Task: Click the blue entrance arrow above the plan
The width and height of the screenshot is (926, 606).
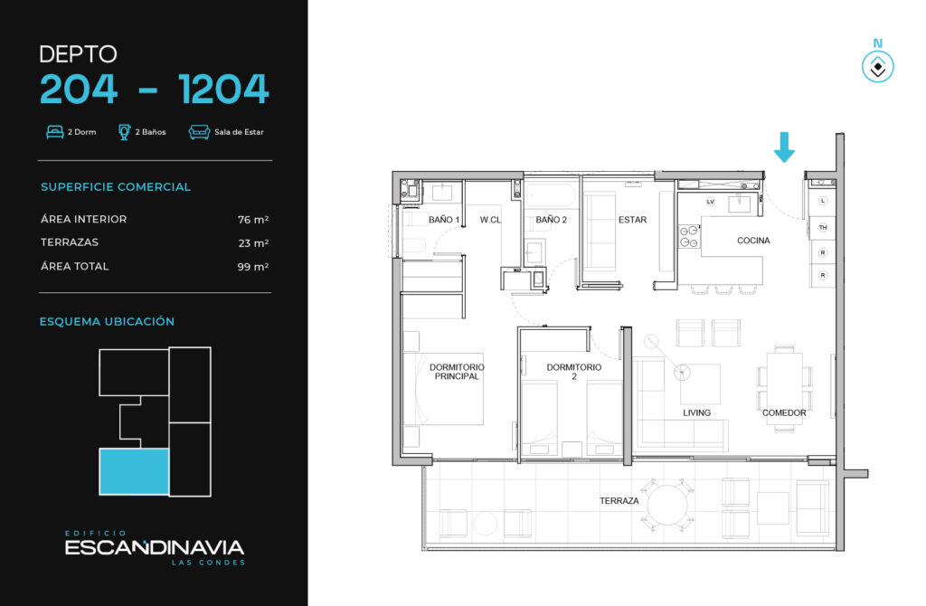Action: pos(784,147)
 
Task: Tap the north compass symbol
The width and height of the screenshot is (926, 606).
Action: pos(877,66)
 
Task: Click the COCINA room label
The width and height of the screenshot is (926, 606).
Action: pos(753,241)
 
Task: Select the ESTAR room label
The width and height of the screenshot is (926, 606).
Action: pos(632,220)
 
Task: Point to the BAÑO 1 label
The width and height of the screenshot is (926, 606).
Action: pos(444,220)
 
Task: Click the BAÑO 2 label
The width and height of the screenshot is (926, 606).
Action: pos(551,220)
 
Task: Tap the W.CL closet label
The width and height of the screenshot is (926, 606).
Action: pos(490,220)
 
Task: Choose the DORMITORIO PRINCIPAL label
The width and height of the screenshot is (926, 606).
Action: pos(457,372)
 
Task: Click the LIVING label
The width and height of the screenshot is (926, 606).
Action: pos(697,412)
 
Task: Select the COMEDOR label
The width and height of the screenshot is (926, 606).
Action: pos(784,412)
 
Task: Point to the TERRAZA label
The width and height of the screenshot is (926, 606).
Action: pos(619,501)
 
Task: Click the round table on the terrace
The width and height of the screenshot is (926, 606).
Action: pos(668,506)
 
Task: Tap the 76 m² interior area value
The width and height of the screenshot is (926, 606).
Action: pos(253,220)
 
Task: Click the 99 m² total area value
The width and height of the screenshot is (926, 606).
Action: pos(253,267)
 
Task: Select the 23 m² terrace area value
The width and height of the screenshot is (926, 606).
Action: pos(253,243)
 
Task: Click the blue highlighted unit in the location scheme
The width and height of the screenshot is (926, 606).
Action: pos(134,471)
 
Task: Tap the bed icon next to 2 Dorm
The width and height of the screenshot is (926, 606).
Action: pos(55,132)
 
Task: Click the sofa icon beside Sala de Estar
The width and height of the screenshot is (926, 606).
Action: pos(199,132)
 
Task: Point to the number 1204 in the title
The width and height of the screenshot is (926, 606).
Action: pos(223,90)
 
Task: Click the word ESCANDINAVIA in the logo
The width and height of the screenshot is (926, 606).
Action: pos(154,547)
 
